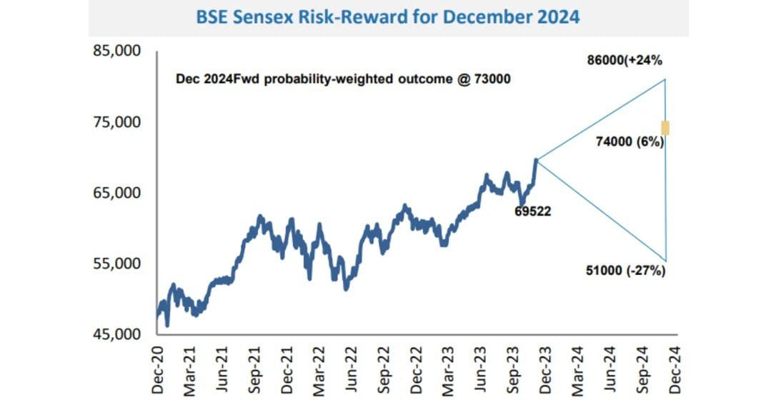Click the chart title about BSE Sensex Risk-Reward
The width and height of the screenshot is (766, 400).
click(x=387, y=16)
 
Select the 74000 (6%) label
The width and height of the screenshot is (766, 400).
click(x=630, y=143)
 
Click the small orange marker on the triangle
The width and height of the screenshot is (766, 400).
click(x=665, y=128)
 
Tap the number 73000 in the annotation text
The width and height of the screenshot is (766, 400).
click(x=489, y=79)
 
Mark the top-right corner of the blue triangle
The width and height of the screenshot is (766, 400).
click(x=665, y=79)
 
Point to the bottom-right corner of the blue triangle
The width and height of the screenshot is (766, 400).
click(x=665, y=261)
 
